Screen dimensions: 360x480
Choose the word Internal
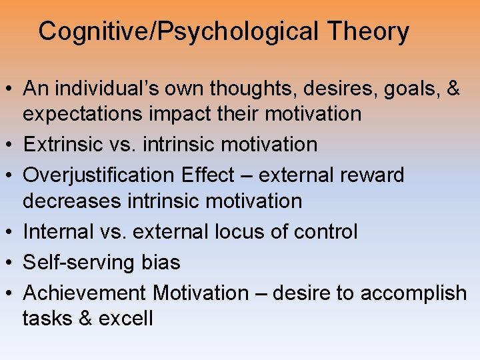pos(59,231)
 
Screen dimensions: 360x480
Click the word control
pos(325,231)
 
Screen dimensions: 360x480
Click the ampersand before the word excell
pos(84,319)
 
